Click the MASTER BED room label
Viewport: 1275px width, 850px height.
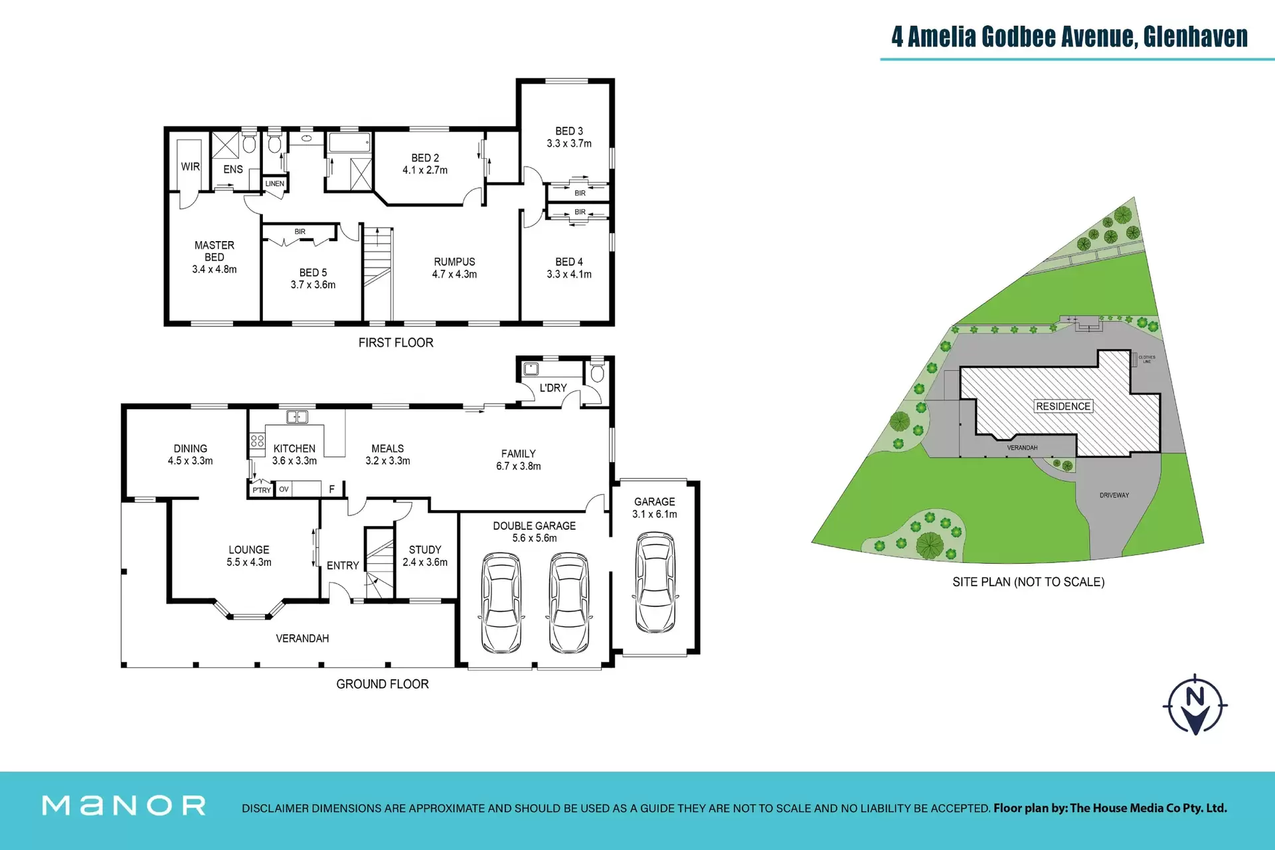tap(214, 251)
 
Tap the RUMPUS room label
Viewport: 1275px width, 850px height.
tap(454, 262)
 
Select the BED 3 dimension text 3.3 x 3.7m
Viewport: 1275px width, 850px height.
tap(569, 143)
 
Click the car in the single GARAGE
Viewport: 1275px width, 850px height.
tap(655, 582)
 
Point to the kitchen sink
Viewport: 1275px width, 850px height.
tap(297, 417)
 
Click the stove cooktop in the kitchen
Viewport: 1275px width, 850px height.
tap(257, 442)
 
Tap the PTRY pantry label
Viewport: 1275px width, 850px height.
tap(262, 490)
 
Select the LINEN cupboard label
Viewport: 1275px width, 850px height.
tap(275, 183)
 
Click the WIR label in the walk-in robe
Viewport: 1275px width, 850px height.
tap(191, 167)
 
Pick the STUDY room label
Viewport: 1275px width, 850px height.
tap(425, 550)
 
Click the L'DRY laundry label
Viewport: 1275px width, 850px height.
tap(553, 388)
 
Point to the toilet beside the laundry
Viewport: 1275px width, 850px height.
tap(597, 372)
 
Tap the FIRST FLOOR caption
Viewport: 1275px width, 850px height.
tap(396, 343)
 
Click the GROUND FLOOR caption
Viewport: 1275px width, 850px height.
tap(382, 684)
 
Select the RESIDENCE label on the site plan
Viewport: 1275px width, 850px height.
tap(1063, 406)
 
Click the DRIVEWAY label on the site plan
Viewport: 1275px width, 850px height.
tap(1114, 495)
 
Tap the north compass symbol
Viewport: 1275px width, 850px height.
tap(1195, 705)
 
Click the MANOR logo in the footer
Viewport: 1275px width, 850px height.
tap(124, 806)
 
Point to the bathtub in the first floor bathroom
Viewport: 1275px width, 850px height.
tap(350, 141)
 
